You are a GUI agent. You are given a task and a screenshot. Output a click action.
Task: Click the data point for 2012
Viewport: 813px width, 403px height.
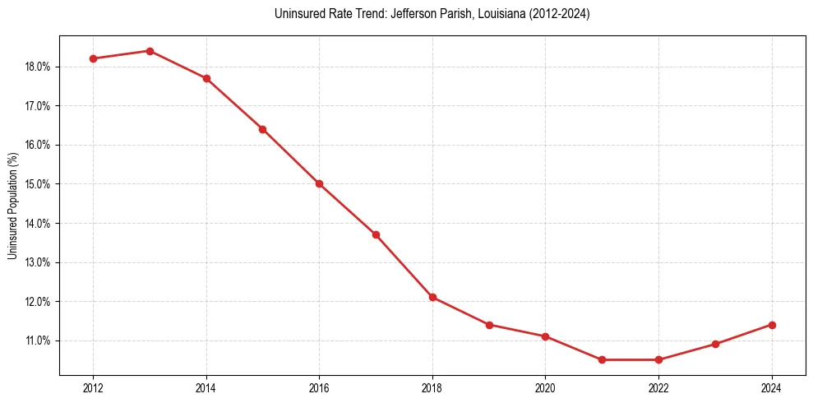pyautogui.click(x=93, y=58)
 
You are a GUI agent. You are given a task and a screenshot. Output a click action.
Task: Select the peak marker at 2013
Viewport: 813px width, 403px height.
pyautogui.click(x=150, y=51)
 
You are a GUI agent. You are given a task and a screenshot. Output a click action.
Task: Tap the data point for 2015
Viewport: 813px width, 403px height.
pyautogui.click(x=263, y=129)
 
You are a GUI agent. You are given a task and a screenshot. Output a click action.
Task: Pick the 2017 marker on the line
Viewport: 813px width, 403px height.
pyautogui.click(x=376, y=234)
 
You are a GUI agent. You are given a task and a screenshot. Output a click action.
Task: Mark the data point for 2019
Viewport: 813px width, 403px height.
pyautogui.click(x=489, y=325)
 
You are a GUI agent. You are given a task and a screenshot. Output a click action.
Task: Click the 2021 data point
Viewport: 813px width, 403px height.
pyautogui.click(x=603, y=359)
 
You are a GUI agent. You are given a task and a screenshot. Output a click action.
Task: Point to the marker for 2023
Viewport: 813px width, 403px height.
pyautogui.click(x=715, y=344)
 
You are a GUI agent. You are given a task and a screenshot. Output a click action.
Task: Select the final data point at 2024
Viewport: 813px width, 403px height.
pyautogui.click(x=772, y=325)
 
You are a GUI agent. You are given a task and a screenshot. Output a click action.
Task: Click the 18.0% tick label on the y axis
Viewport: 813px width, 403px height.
pyautogui.click(x=39, y=67)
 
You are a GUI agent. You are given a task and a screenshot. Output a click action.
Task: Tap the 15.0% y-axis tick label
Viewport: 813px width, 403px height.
pyautogui.click(x=39, y=184)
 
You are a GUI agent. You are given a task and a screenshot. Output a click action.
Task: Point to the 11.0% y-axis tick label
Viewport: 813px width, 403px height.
pyautogui.click(x=39, y=340)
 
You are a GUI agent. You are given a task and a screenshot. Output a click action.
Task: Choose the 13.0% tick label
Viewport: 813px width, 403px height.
pyautogui.click(x=39, y=262)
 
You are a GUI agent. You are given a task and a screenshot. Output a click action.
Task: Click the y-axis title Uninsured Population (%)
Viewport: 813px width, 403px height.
pyautogui.click(x=13, y=206)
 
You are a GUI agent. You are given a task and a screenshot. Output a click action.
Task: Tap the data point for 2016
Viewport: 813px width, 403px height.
pyautogui.click(x=319, y=183)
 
